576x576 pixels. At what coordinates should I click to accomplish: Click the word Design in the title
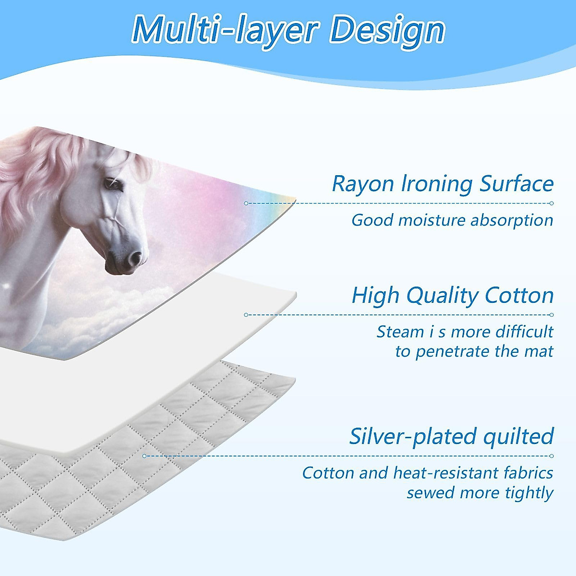pos(387,32)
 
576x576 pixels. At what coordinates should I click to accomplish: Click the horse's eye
pos(113,183)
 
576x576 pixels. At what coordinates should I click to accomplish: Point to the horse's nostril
pos(135,258)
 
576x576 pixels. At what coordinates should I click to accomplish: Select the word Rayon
pos(363,184)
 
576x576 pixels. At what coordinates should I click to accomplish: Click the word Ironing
pos(437,184)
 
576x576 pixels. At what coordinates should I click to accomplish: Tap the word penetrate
pos(453,351)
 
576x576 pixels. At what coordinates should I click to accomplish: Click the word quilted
pos(518,436)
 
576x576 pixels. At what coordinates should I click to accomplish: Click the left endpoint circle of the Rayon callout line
pos(246,203)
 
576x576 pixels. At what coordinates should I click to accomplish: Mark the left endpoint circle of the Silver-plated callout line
pos(144,456)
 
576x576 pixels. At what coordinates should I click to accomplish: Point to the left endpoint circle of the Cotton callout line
pos(246,315)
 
